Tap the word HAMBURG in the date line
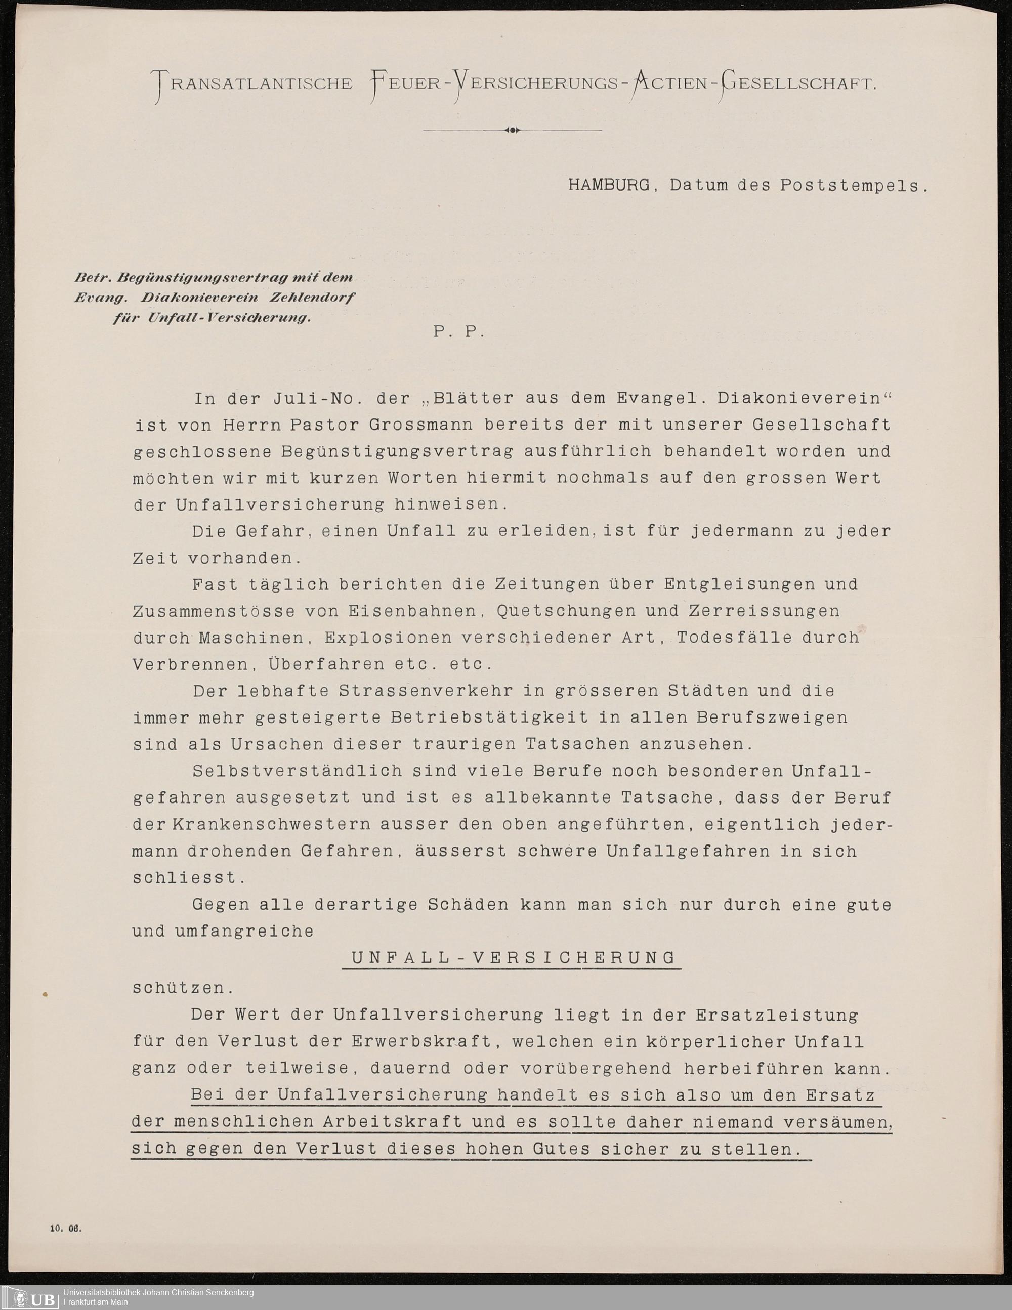pos(609,185)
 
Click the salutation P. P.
pos(458,332)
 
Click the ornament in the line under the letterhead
pos(512,130)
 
